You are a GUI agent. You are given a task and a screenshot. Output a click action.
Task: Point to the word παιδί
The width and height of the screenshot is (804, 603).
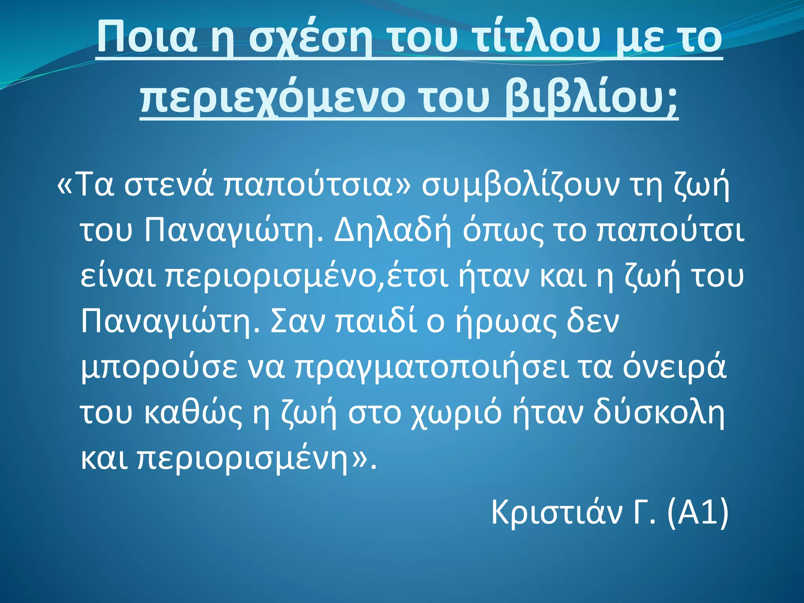[376, 322]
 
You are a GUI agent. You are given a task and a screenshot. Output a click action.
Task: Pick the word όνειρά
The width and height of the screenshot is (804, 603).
[675, 367]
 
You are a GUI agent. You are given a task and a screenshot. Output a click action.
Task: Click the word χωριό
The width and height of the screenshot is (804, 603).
[457, 413]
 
